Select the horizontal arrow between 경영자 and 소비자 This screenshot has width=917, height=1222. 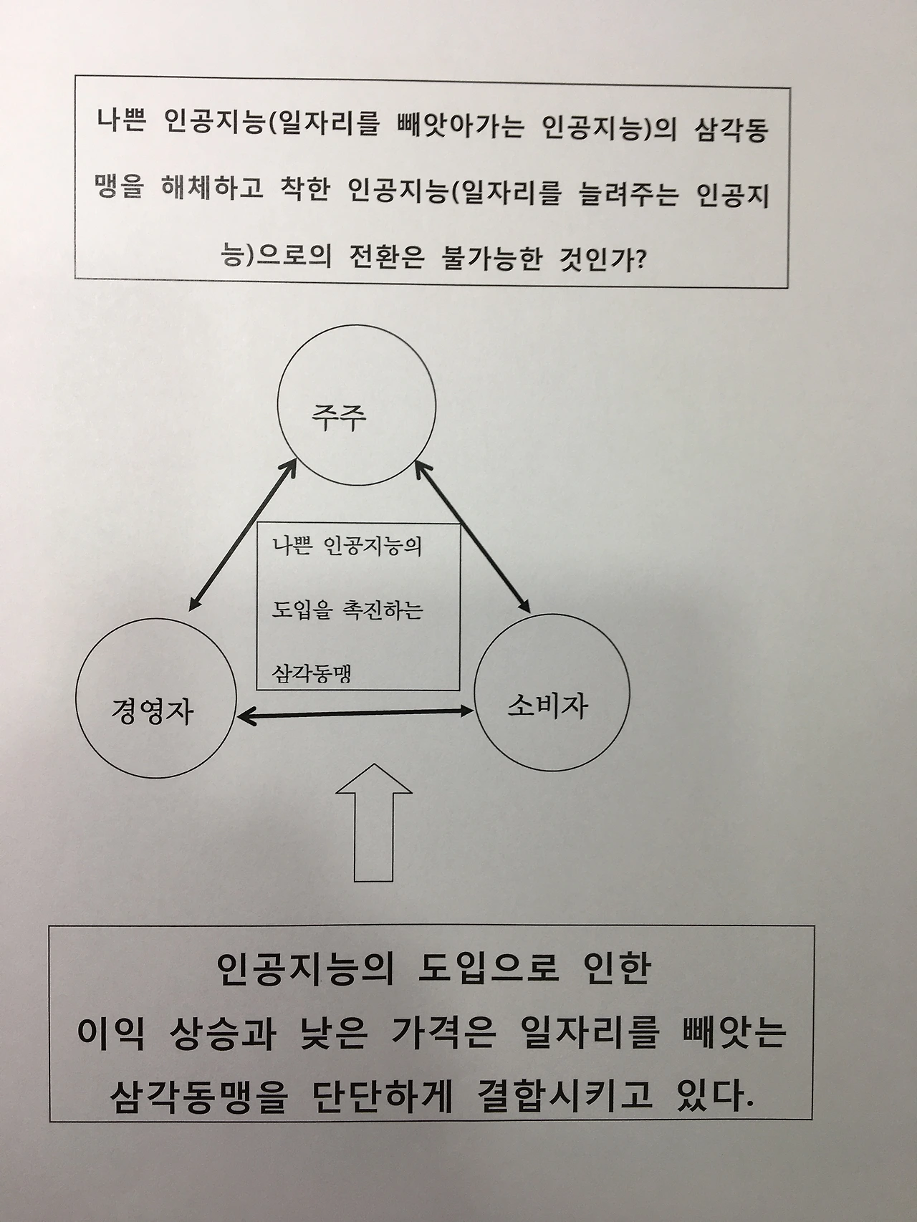(355, 713)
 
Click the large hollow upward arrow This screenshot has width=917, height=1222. (374, 824)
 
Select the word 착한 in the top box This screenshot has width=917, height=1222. (301, 192)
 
